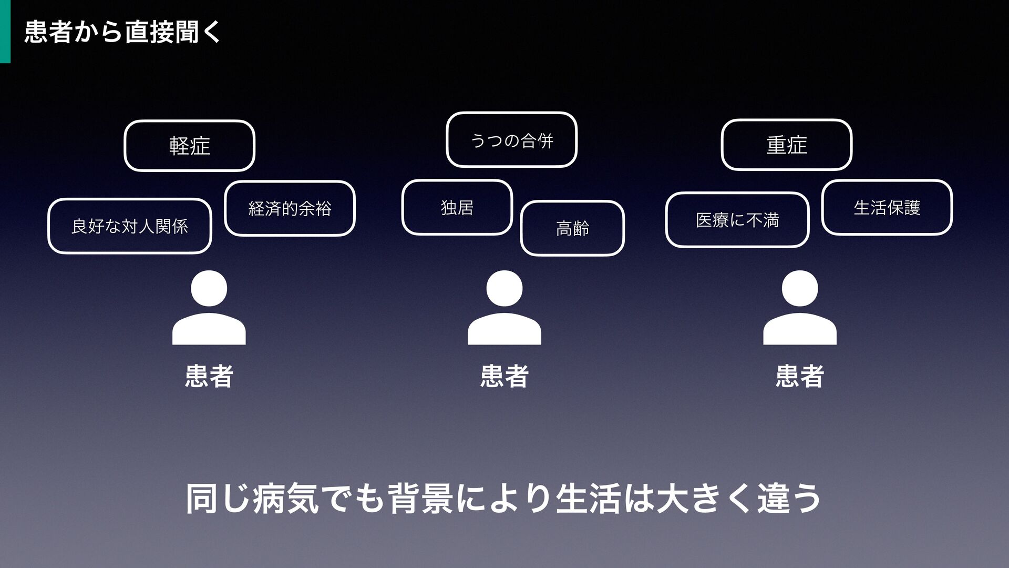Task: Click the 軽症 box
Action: [189, 146]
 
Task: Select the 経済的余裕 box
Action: [290, 208]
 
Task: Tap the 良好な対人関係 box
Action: [129, 226]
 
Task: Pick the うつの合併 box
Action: [511, 140]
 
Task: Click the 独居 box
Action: [457, 207]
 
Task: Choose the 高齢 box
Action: [572, 228]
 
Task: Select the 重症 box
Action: [786, 145]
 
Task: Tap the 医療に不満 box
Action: [737, 220]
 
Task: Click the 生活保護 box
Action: [887, 207]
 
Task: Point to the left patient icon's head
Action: [209, 288]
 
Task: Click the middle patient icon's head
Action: [504, 288]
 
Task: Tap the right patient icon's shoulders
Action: [799, 330]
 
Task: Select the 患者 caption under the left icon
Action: [209, 376]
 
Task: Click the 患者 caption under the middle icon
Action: [504, 376]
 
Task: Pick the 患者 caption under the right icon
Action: [799, 376]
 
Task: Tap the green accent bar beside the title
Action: [5, 32]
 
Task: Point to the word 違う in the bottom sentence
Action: [789, 499]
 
